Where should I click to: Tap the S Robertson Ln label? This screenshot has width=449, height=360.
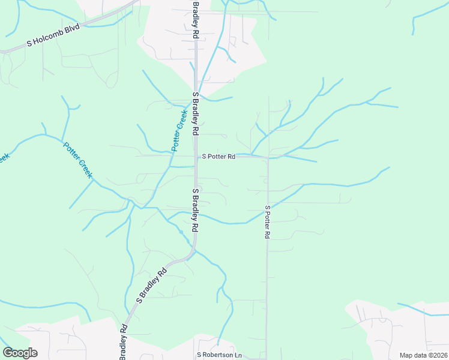pyautogui.click(x=219, y=355)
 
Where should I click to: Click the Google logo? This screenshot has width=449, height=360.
pyautogui.click(x=20, y=353)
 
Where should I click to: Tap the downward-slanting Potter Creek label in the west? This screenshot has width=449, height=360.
pyautogui.click(x=78, y=159)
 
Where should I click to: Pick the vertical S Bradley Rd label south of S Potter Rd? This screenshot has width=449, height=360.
pyautogui.click(x=195, y=211)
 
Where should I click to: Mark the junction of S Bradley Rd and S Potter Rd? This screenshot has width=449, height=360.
pyautogui.click(x=196, y=157)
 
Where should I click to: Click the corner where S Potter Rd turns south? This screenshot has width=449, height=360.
pyautogui.click(x=267, y=158)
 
